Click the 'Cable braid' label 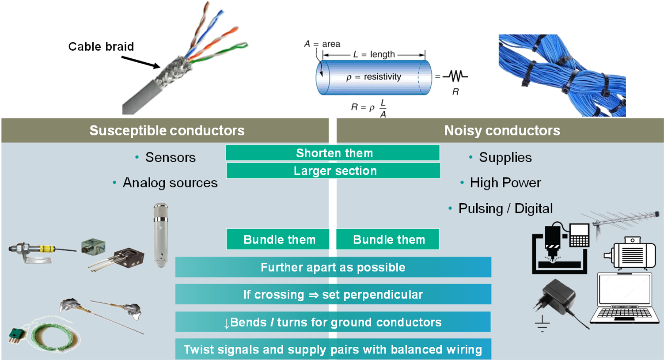point(101,47)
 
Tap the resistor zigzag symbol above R point(455,76)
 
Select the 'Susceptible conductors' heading point(167,131)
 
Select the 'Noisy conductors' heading point(502,131)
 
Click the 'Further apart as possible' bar point(333,267)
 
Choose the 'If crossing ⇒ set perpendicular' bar point(333,295)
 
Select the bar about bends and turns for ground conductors point(333,322)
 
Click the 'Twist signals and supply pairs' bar point(333,349)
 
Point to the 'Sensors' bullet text point(170,158)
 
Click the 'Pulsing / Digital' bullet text point(505,208)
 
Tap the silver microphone point(160,234)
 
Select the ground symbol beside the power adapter point(542,324)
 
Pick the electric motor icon point(630,253)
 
